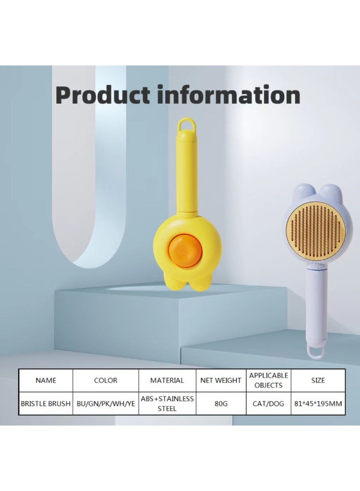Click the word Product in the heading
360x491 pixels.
103,95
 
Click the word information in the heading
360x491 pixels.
229,95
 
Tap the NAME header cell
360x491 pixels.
46,380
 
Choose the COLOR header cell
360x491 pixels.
105,380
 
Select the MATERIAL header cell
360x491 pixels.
167,380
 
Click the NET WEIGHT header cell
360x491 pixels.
221,380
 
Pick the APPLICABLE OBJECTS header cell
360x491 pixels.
268,380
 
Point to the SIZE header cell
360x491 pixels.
318,380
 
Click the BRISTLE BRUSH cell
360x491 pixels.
46,404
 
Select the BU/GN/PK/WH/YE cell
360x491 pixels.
105,404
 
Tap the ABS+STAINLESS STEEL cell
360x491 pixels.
167,404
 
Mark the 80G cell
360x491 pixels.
221,404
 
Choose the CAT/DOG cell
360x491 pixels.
268,404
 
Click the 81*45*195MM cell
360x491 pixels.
318,404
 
